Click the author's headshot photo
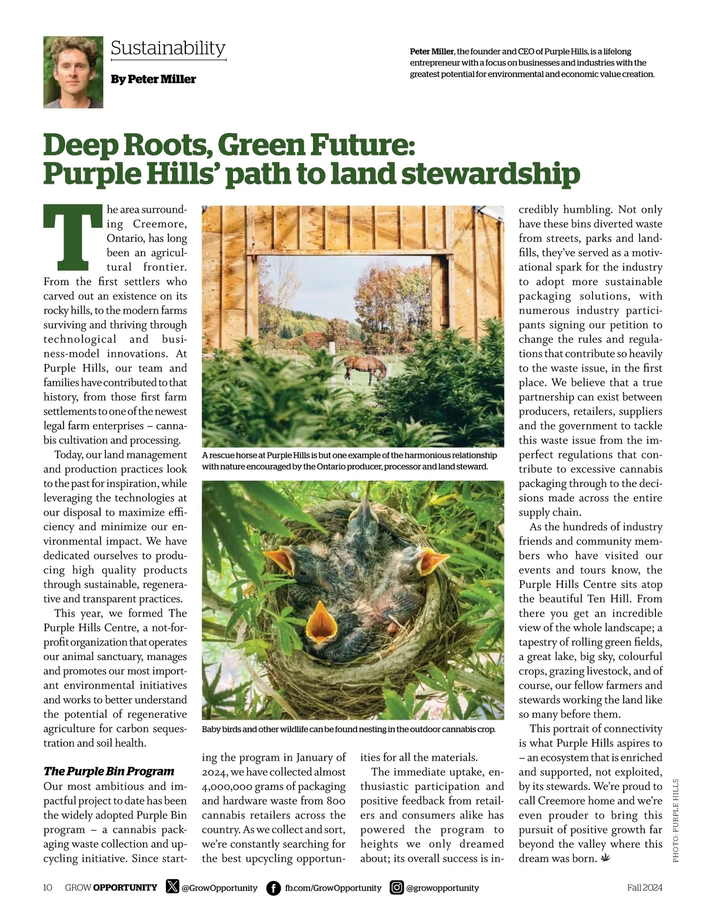click(73, 72)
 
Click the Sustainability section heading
click(168, 48)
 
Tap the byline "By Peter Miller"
click(153, 79)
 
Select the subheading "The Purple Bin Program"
click(109, 771)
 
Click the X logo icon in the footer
click(172, 886)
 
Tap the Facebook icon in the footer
click(274, 887)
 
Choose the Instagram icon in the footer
click(397, 887)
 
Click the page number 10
click(48, 887)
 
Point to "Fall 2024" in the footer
click(644, 887)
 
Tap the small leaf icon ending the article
click(605, 858)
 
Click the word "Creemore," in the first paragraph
click(159, 224)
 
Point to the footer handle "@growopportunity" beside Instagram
click(442, 887)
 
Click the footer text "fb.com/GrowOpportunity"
click(333, 887)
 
